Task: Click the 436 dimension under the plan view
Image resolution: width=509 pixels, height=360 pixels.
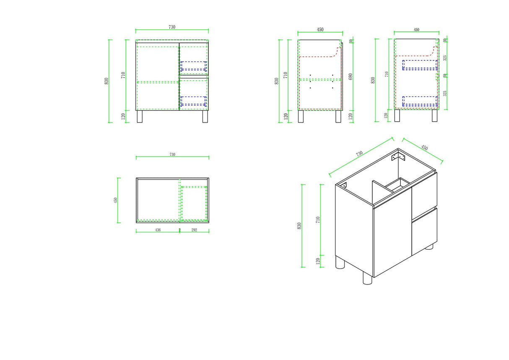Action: [x=158, y=230]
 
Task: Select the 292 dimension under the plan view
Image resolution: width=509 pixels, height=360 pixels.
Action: [x=194, y=230]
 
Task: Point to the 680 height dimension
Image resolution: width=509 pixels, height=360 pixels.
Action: [x=351, y=77]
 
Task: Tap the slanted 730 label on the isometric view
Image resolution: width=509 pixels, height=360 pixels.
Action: [x=359, y=154]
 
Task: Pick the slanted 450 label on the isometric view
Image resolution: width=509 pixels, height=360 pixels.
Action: [x=424, y=148]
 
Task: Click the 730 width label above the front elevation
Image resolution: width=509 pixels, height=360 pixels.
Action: [x=172, y=27]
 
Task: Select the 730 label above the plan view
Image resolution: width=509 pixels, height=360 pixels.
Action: [x=172, y=154]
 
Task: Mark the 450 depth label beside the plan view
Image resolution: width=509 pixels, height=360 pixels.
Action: [x=115, y=200]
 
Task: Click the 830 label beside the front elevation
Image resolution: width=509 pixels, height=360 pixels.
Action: [x=106, y=81]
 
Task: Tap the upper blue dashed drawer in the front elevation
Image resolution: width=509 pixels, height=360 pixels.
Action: [x=193, y=66]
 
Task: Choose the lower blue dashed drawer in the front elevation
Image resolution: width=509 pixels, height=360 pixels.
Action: [x=193, y=102]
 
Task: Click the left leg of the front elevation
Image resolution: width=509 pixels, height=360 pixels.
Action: [x=140, y=117]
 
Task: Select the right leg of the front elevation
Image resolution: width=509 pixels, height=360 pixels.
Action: [x=205, y=117]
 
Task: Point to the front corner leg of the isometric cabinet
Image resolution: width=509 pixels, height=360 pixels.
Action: [x=367, y=278]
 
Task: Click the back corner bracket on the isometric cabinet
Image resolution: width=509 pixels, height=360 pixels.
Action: [x=398, y=157]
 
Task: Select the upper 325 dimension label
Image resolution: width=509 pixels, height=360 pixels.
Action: [x=445, y=58]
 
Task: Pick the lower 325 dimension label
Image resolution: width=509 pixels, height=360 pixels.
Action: [x=445, y=93]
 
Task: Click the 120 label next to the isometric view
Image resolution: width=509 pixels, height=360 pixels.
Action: [x=318, y=261]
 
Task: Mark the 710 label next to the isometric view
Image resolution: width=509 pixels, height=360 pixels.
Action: [x=318, y=220]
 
